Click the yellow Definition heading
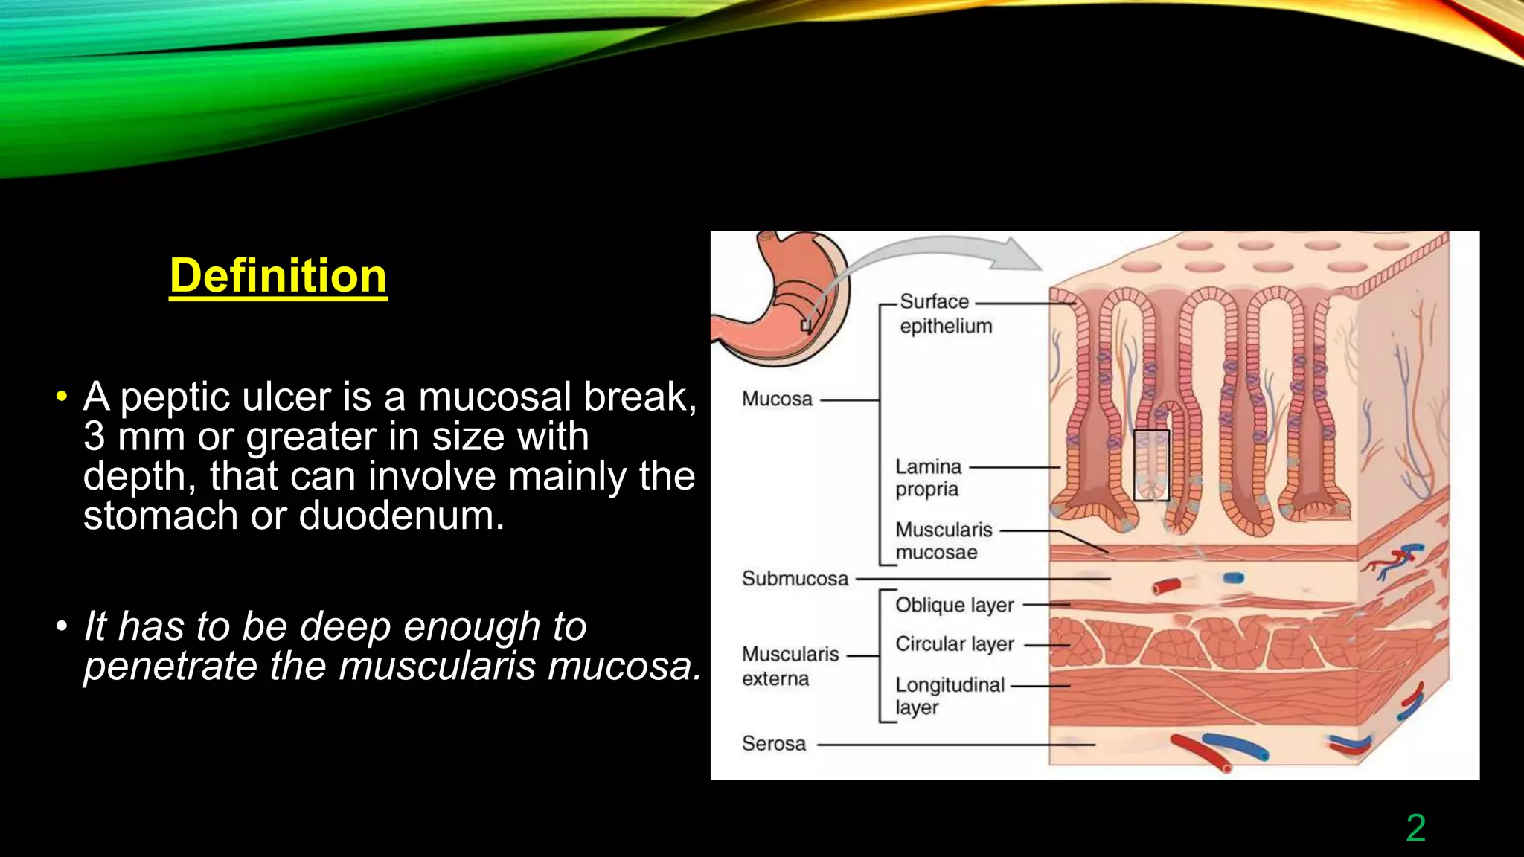click(278, 276)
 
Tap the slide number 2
click(1415, 828)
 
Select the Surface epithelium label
click(944, 313)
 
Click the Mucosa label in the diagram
click(777, 399)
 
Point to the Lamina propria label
click(928, 478)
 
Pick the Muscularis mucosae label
click(943, 541)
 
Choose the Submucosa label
click(795, 579)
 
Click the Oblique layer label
click(954, 605)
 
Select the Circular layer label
click(954, 643)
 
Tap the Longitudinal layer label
click(949, 696)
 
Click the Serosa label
click(773, 743)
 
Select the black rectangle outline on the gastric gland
click(1151, 465)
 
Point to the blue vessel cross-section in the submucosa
click(1233, 578)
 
